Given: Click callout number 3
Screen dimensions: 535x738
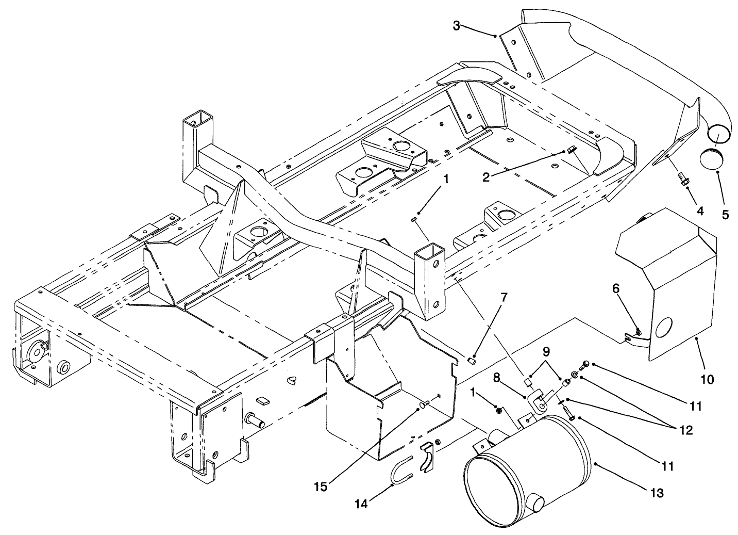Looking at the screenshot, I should (x=457, y=25).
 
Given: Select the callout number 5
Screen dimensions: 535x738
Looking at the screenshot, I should (x=725, y=215).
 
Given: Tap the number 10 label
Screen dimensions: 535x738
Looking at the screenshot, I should (x=707, y=380).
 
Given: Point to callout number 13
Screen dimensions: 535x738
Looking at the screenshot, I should (x=656, y=493).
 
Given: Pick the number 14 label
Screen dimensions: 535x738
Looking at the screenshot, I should (x=361, y=504).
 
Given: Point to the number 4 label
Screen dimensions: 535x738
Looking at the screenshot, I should (x=700, y=210).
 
